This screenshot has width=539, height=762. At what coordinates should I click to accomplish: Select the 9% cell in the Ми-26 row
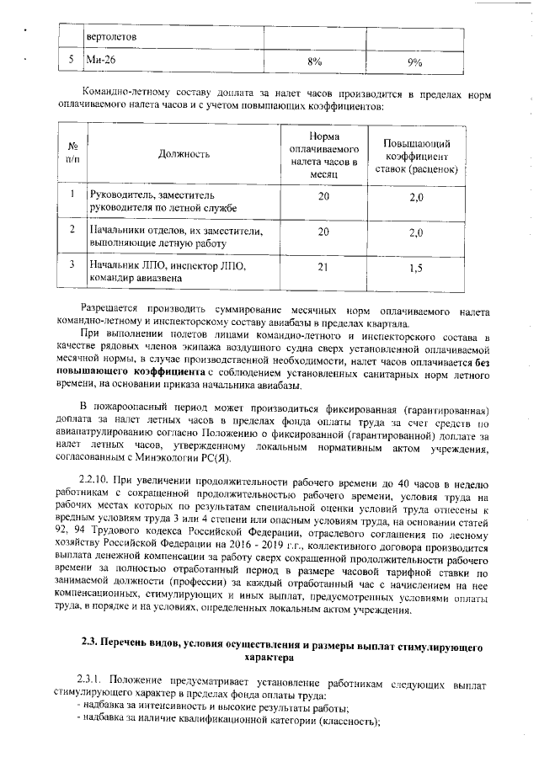[x=414, y=61]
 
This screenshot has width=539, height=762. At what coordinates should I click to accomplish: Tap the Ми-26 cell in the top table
[x=102, y=61]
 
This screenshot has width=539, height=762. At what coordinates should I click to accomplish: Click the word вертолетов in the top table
[x=112, y=38]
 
